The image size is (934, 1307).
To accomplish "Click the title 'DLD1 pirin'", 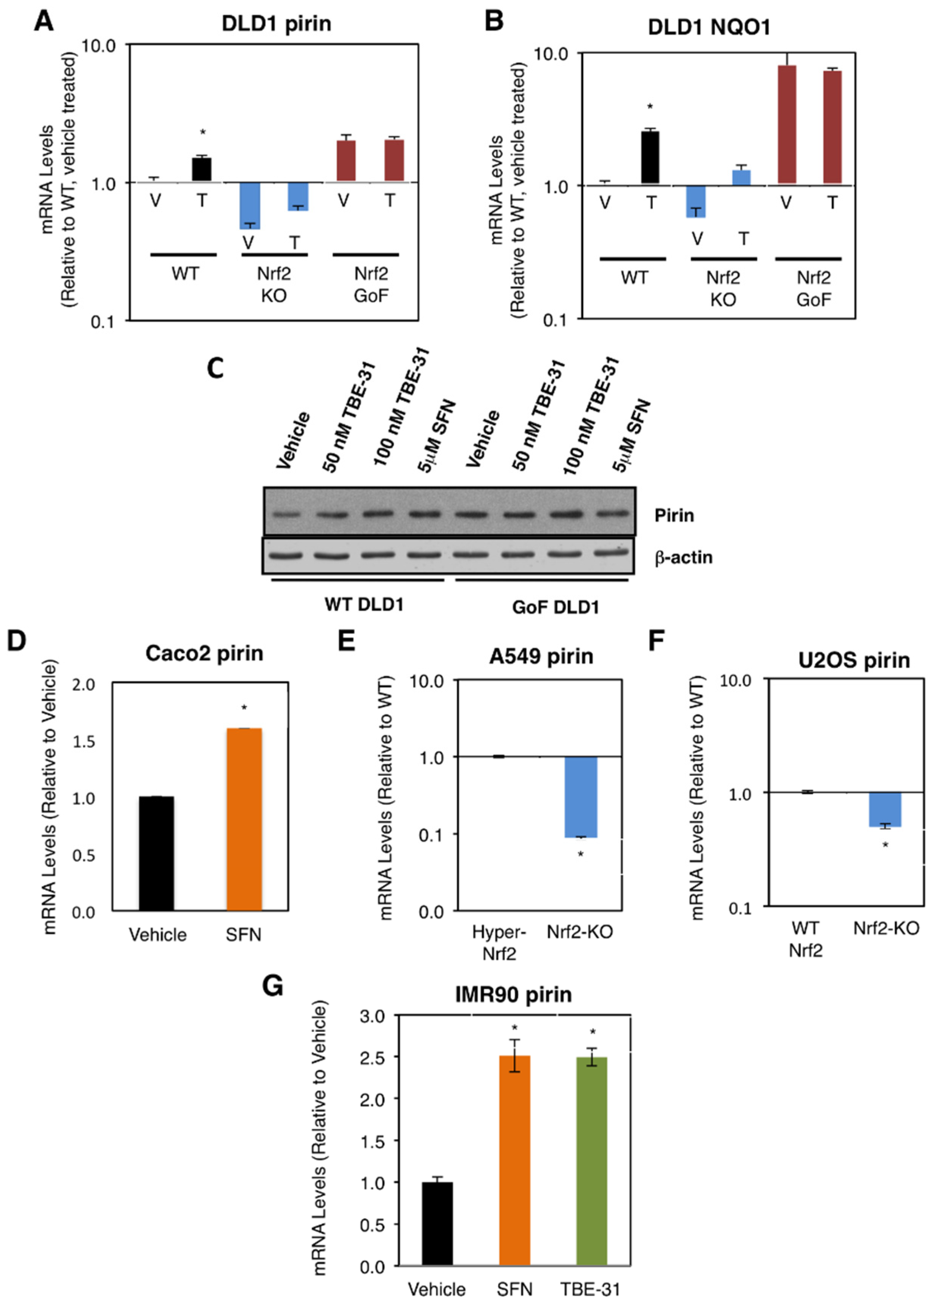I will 276,24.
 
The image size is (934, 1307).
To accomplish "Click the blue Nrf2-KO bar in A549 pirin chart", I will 581,797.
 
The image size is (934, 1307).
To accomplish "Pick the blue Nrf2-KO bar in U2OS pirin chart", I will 885,809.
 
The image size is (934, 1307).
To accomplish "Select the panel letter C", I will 215,368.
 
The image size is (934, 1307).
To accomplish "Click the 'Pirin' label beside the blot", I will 674,515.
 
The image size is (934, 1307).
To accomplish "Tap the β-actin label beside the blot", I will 683,557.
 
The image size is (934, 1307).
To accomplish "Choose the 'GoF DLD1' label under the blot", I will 555,606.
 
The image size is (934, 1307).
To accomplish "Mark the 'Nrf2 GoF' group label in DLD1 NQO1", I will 813,288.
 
